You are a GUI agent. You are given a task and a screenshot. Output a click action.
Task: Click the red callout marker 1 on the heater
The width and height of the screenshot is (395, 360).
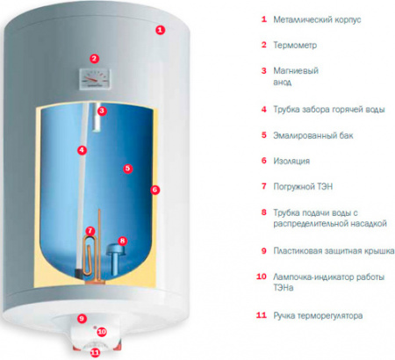pyautogui.click(x=159, y=29)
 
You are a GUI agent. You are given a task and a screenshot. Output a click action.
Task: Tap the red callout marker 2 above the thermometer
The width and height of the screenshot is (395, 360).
pyautogui.click(x=95, y=60)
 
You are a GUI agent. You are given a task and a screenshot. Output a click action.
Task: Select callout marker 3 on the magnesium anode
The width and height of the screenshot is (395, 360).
pyautogui.click(x=102, y=112)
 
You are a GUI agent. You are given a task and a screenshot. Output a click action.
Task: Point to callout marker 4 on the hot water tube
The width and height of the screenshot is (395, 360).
pyautogui.click(x=82, y=150)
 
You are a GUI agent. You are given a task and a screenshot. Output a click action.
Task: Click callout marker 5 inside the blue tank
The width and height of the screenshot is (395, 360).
pyautogui.click(x=127, y=168)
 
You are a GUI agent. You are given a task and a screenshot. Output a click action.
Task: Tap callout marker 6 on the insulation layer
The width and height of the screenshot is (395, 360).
pyautogui.click(x=154, y=189)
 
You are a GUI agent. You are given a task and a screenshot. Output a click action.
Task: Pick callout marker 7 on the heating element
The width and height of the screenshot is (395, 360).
pyautogui.click(x=90, y=231)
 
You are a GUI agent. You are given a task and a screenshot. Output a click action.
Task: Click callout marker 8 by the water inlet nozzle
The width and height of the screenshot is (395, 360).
pyautogui.click(x=122, y=241)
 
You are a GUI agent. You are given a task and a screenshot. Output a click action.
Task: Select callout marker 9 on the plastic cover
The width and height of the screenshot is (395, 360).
pyautogui.click(x=82, y=319)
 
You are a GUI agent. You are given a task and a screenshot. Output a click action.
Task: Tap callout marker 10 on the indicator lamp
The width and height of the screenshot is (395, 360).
pyautogui.click(x=101, y=332)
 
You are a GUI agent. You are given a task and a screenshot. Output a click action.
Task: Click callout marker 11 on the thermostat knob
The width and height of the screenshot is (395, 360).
pyautogui.click(x=95, y=352)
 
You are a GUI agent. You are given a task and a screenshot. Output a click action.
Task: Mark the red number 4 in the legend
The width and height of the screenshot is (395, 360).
pyautogui.click(x=264, y=110)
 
